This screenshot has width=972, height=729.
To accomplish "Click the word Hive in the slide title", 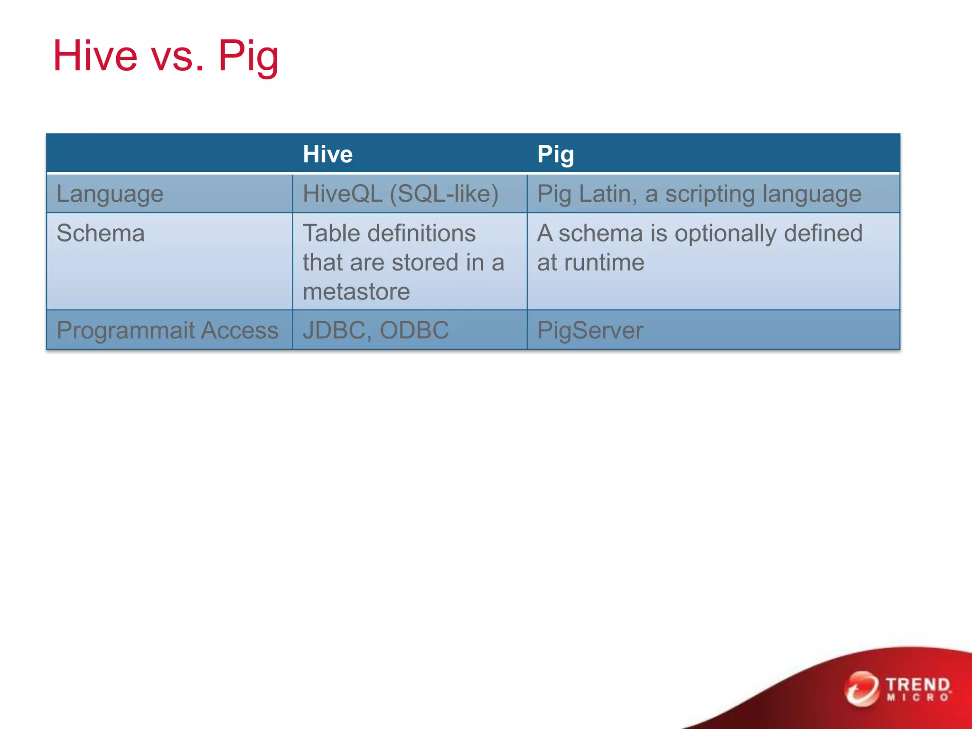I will (95, 56).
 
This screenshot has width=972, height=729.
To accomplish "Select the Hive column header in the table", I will (327, 154).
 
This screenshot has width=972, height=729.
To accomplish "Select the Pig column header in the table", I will (555, 154).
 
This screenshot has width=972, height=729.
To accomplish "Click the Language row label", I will (110, 194).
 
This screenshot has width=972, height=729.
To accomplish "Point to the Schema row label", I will (101, 233).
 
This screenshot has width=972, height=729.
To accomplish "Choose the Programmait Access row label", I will (167, 330).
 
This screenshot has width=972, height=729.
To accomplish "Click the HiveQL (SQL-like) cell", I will (401, 194).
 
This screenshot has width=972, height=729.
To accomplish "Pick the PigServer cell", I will (590, 330).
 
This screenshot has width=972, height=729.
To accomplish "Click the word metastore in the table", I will (356, 291).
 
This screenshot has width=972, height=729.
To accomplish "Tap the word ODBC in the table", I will (414, 330).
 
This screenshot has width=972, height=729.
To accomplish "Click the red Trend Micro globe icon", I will (861, 689).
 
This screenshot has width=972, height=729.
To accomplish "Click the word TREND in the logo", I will (918, 685).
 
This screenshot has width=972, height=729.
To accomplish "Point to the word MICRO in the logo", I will (918, 698).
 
